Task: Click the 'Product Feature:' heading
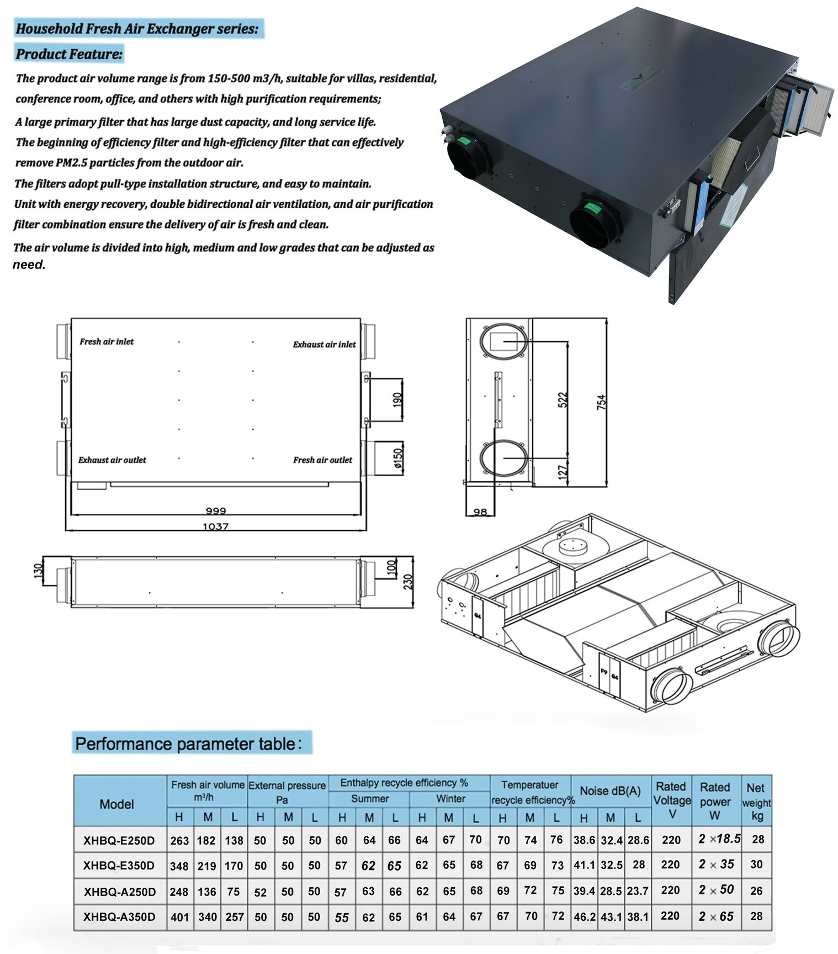point(69,54)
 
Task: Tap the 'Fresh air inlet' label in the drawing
point(107,341)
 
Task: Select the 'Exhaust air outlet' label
point(112,460)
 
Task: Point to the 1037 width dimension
point(215,526)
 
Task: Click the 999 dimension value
point(215,510)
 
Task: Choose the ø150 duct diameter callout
point(398,458)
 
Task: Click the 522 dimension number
point(563,400)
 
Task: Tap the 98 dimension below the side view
point(480,512)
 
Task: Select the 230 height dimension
point(407,582)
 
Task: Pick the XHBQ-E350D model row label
point(119,866)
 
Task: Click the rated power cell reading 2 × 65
point(715,916)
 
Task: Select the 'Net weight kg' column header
point(756,802)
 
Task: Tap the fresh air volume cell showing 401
point(180,917)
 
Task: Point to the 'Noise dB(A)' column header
point(610,790)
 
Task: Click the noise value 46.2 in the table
point(585,917)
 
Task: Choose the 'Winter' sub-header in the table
point(450,799)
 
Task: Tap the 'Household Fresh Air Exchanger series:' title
point(137,29)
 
